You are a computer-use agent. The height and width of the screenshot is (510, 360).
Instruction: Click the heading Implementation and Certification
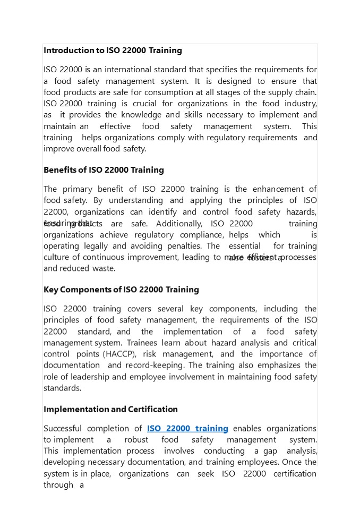(x=110, y=409)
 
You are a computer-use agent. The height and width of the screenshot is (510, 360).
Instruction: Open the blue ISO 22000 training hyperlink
(x=187, y=428)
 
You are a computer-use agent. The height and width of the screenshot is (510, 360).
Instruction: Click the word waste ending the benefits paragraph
(x=104, y=268)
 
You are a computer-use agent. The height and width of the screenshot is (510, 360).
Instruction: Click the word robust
(x=136, y=439)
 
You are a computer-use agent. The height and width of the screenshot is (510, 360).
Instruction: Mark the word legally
(x=97, y=246)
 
